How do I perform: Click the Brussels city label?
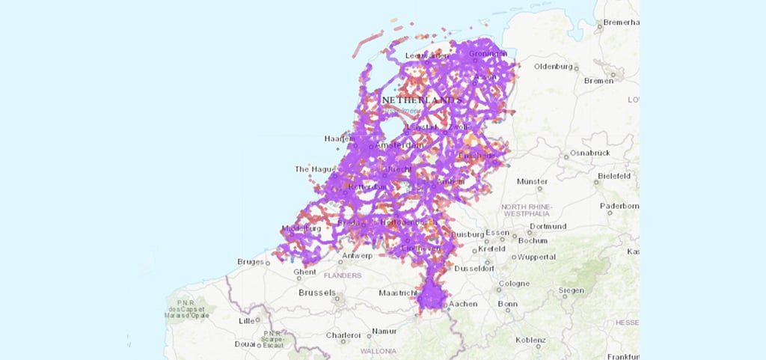click(316, 293)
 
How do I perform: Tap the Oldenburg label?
click(553, 67)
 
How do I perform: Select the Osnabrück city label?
click(590, 153)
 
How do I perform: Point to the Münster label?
click(532, 181)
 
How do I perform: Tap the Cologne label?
click(513, 284)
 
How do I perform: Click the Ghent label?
click(284, 272)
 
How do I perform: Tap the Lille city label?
click(245, 320)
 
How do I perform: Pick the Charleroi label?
click(343, 335)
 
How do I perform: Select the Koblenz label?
click(530, 340)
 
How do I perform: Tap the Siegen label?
click(572, 290)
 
